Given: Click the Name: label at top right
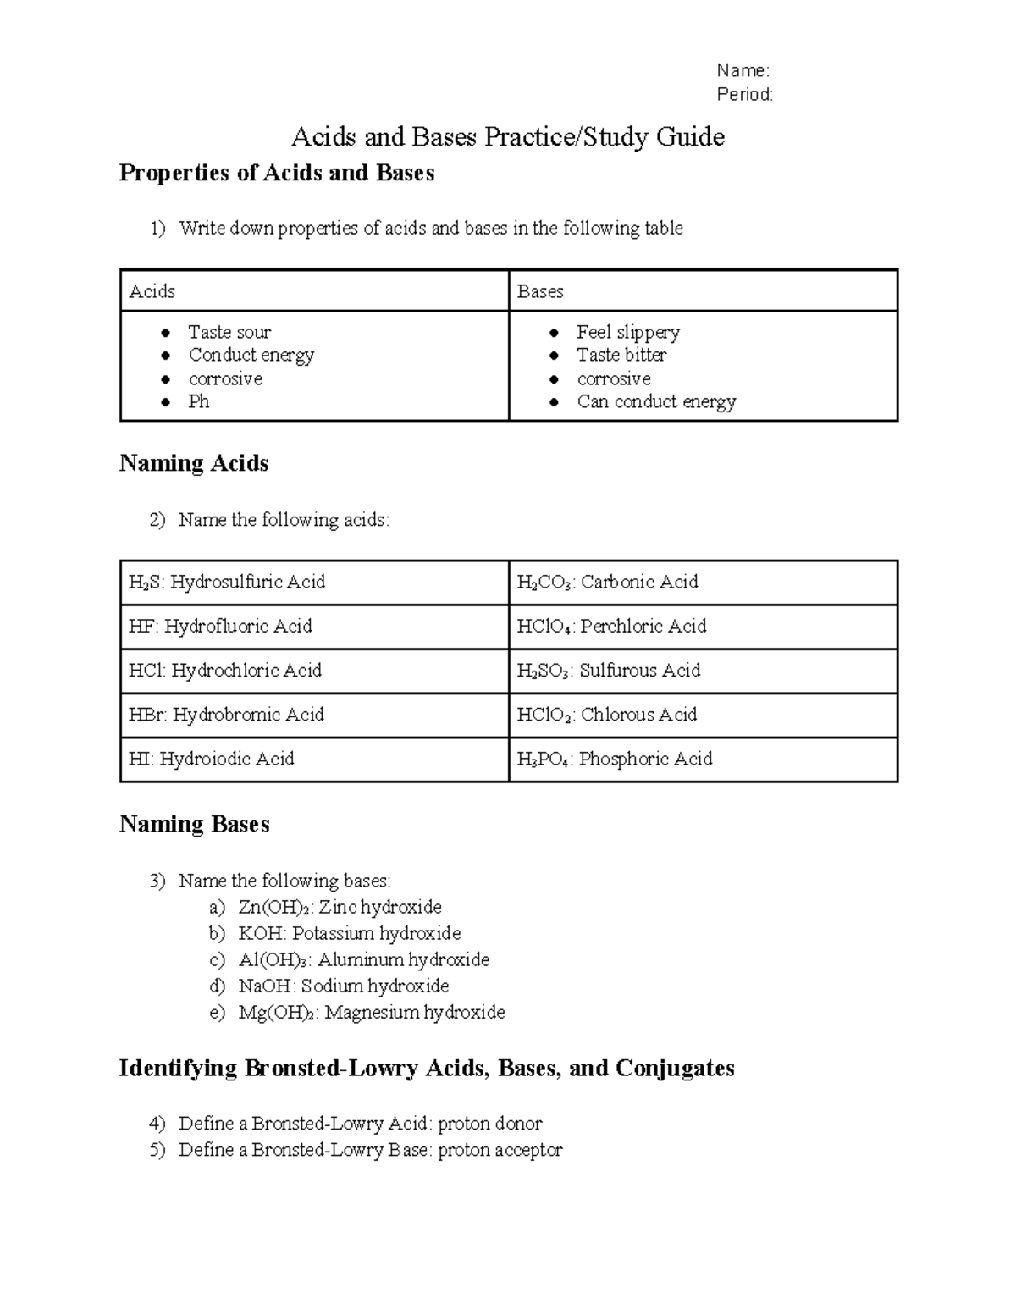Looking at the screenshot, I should tap(743, 70).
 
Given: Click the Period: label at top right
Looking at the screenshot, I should tap(744, 94).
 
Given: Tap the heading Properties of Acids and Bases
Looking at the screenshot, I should tap(277, 173).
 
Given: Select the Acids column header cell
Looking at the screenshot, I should tap(314, 291).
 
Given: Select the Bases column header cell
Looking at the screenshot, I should tap(702, 291).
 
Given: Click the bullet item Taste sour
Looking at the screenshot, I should tap(229, 332).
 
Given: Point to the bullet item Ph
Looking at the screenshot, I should tap(199, 401).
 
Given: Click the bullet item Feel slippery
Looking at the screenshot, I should tap(628, 332).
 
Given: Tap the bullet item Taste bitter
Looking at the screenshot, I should tap(621, 355).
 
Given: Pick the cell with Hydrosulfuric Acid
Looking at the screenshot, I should tap(314, 583).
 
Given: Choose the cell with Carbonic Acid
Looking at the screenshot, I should tap(702, 583).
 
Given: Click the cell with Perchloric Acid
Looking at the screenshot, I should tap(702, 627).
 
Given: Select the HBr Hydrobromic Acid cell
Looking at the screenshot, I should tap(314, 715).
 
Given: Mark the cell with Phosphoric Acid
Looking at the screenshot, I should tap(702, 759).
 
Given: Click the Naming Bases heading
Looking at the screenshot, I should tap(195, 825).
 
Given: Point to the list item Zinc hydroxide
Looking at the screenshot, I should tap(340, 907).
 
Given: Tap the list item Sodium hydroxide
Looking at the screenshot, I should tap(344, 986).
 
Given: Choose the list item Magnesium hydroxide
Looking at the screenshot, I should tap(372, 1012).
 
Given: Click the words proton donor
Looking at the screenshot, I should tap(489, 1124).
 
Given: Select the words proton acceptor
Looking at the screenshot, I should tap(500, 1150).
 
